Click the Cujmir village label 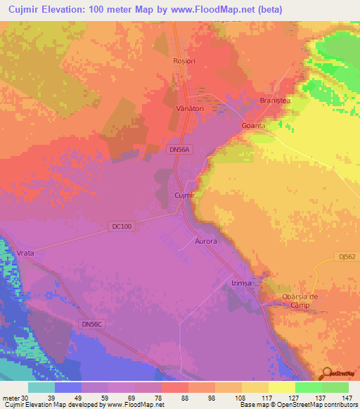[184, 195]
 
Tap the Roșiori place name [183, 61]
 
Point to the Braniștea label [275, 100]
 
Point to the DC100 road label [121, 226]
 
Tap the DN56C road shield [91, 324]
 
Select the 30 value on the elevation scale [25, 397]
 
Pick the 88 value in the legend [184, 397]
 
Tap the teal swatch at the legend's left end [41, 387]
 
